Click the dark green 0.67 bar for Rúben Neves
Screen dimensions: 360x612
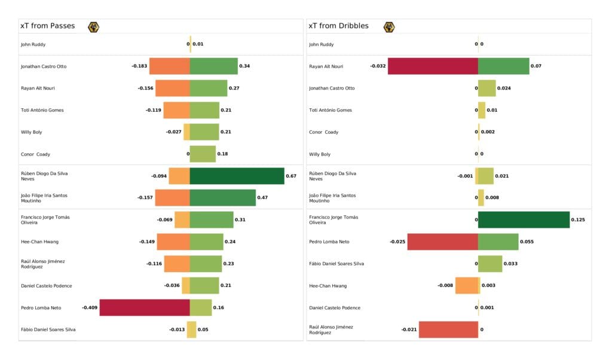point(237,176)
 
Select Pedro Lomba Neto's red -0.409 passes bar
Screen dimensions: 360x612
point(145,307)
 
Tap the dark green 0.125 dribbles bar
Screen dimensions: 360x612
point(524,219)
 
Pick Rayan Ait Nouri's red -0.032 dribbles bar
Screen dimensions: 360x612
point(433,66)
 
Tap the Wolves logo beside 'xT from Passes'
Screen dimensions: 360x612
point(94,26)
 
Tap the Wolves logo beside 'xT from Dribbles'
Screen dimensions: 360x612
point(389,26)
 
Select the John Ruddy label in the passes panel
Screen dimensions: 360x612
point(33,44)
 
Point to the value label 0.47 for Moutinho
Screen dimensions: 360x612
point(262,198)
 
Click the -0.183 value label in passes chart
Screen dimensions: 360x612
point(139,66)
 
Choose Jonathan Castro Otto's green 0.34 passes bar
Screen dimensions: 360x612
point(213,66)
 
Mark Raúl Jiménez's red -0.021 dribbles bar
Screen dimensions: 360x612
point(448,330)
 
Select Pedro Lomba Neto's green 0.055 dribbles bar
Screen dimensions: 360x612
point(498,242)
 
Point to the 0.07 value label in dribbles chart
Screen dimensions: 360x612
point(535,66)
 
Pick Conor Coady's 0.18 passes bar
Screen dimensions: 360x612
point(203,154)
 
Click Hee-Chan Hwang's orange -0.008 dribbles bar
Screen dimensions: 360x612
point(467,285)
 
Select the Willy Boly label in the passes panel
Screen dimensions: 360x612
point(32,132)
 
